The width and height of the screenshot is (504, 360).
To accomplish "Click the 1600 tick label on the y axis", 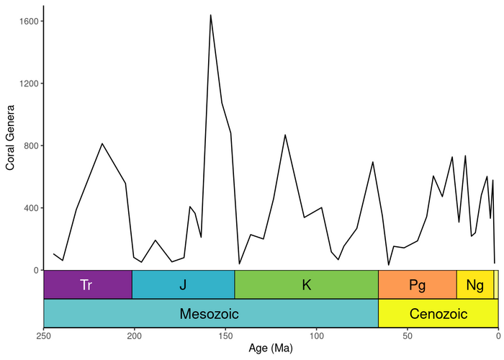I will [29, 22].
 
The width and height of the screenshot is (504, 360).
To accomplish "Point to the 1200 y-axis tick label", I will [29, 84].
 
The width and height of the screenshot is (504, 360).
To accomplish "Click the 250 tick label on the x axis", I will [44, 336].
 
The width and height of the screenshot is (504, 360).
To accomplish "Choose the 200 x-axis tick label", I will [135, 336].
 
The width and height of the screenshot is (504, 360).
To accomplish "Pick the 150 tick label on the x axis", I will [225, 336].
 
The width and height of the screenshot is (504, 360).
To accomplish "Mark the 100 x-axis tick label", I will [316, 336].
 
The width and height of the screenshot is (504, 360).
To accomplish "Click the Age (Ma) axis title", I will [271, 349].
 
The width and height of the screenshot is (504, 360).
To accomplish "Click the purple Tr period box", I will [87, 284].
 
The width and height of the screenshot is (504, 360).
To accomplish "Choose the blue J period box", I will [183, 284].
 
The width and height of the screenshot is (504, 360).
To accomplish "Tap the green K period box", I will [306, 284].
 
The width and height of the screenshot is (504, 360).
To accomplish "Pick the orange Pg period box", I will [417, 284].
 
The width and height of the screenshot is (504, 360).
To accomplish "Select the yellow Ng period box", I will [474, 284].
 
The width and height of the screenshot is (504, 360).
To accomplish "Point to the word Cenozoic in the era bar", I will [438, 314].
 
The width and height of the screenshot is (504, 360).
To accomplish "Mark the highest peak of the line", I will [210, 15].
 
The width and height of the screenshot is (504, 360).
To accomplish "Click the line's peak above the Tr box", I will [102, 143].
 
